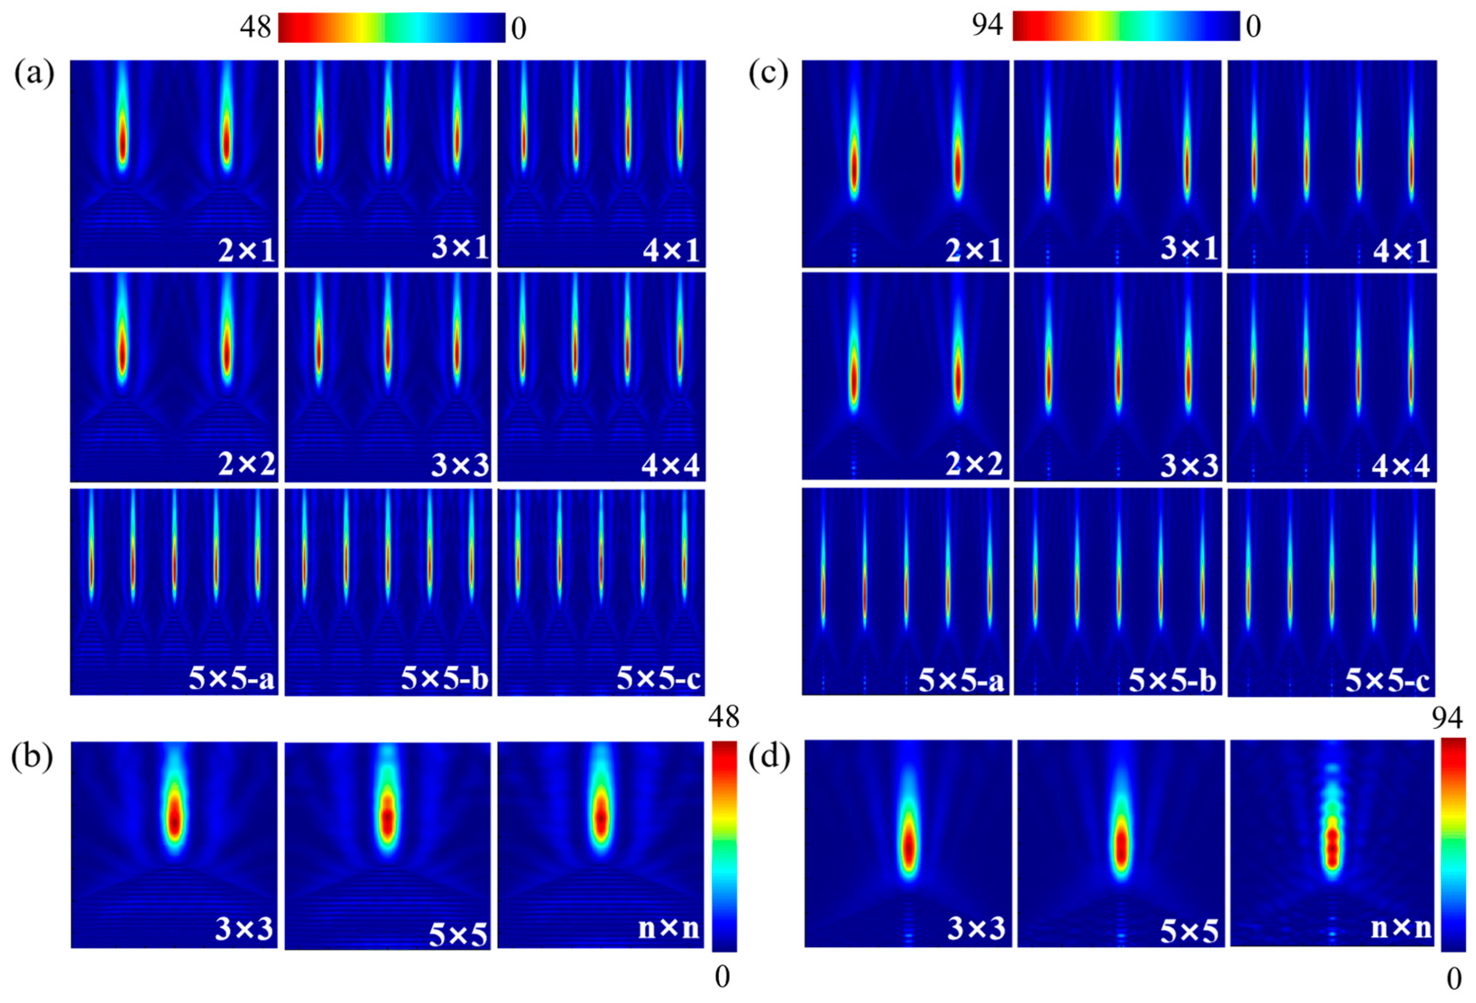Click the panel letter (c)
tap(768, 75)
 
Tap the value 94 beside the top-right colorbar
tap(988, 25)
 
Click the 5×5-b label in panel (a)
tap(445, 679)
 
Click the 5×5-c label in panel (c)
tap(1387, 681)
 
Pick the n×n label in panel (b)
tap(668, 928)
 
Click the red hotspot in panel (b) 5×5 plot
tap(387, 819)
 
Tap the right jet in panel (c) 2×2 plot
tap(958, 378)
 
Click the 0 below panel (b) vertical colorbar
tap(722, 978)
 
